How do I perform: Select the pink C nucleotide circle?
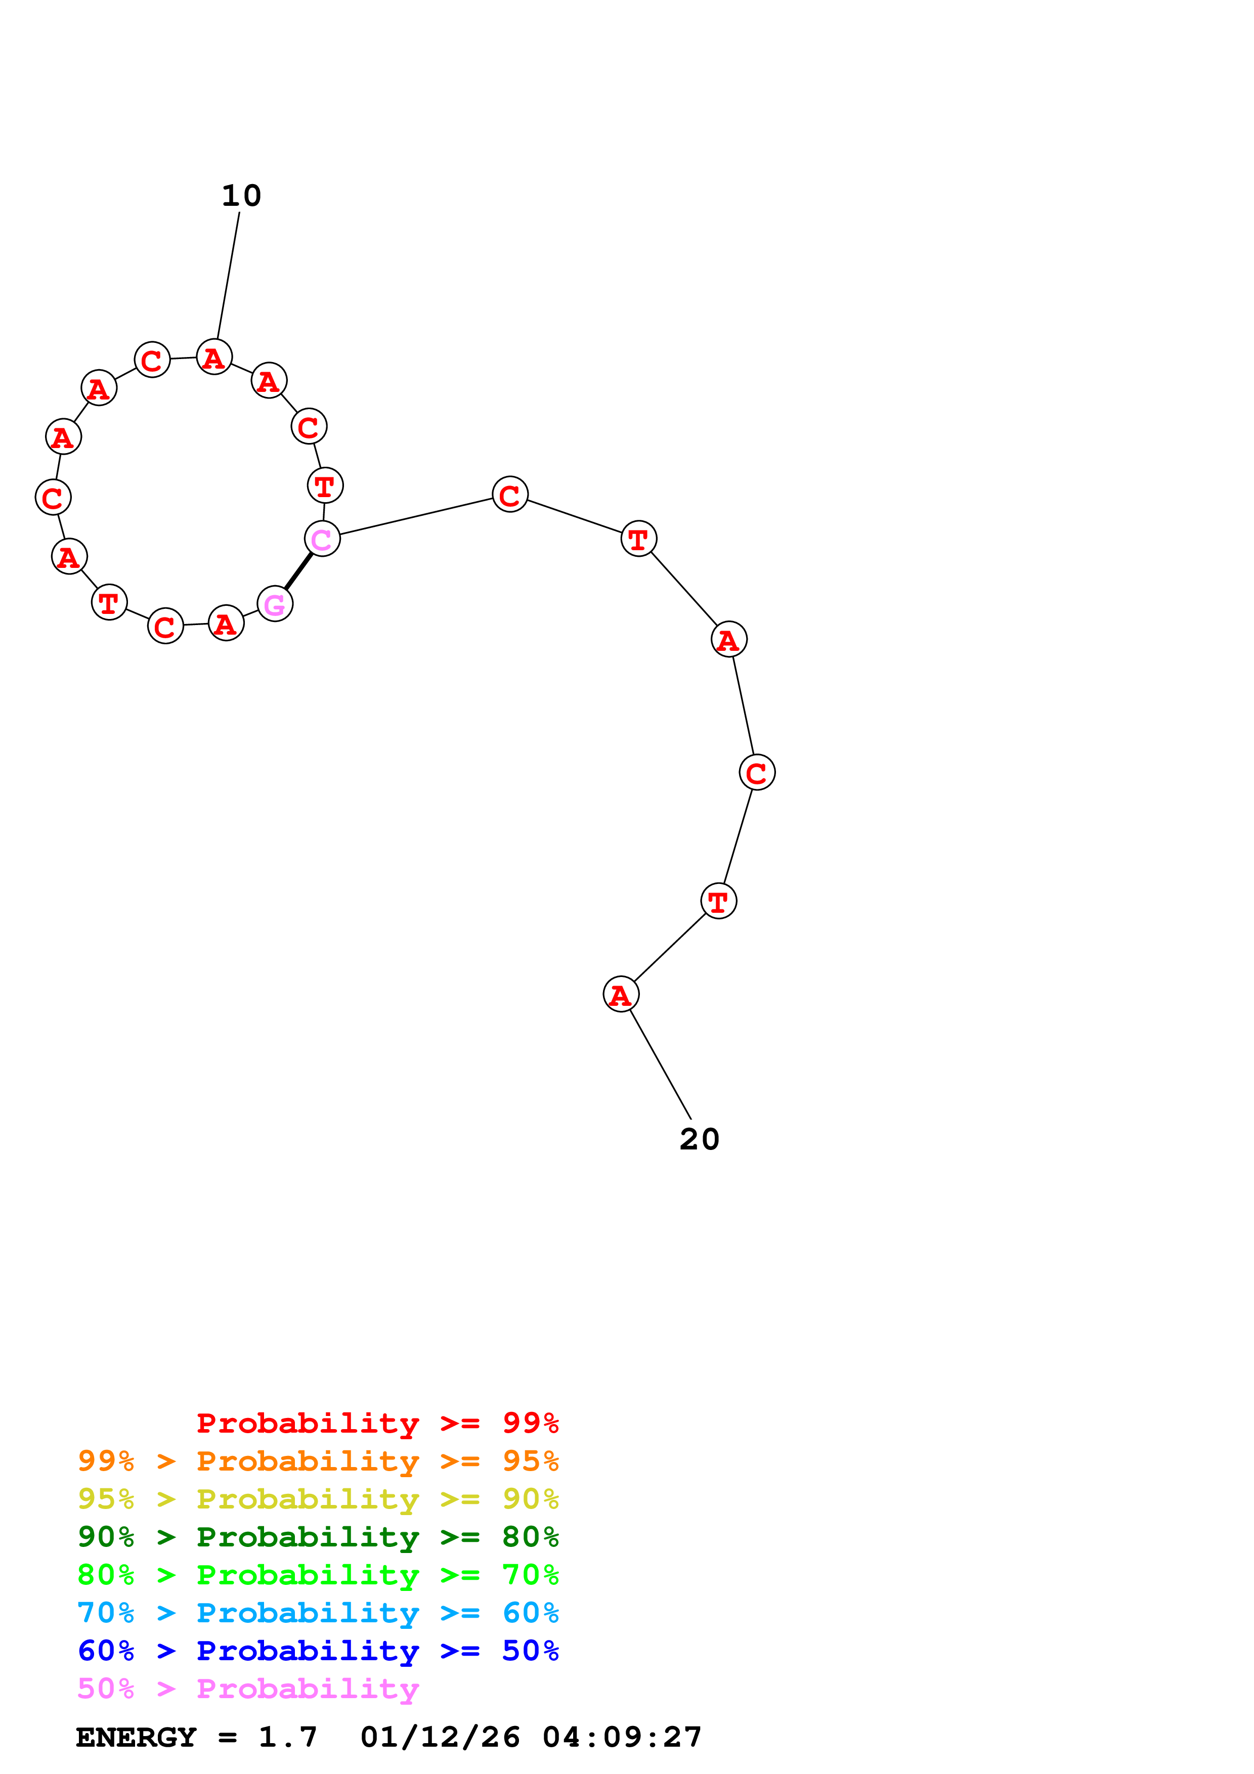tap(322, 539)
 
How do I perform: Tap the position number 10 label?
tap(241, 196)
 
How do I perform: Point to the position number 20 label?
tap(699, 1139)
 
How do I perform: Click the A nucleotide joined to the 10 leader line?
tap(214, 357)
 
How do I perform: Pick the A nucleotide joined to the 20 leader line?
tap(621, 994)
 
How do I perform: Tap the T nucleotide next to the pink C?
tap(325, 485)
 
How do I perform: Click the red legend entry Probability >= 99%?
tap(377, 1423)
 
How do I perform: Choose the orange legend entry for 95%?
tap(318, 1460)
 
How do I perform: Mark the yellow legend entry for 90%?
tap(318, 1498)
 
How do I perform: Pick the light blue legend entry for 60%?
tap(318, 1613)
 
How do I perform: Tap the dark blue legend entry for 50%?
tap(318, 1651)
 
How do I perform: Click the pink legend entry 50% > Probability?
tap(248, 1688)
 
